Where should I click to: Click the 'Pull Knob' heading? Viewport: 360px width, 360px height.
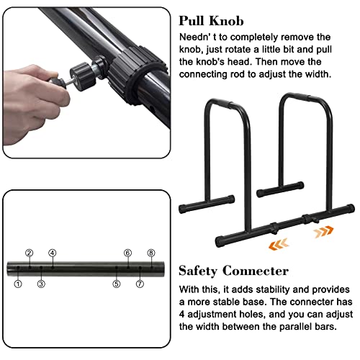coord(211,21)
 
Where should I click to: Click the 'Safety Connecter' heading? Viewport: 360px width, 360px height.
coord(233,271)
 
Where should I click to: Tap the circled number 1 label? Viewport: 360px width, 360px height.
coord(18,284)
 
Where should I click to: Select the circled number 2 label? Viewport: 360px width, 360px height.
coord(30,253)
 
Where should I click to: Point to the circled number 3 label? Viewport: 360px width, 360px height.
coord(41,284)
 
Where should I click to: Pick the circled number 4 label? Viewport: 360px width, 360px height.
coord(53,253)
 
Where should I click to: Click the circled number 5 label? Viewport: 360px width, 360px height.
coord(117,284)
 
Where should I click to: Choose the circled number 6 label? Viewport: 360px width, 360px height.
coord(127,253)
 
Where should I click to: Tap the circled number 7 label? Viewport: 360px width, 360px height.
coord(140,284)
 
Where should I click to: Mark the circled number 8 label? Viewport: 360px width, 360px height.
coord(151,253)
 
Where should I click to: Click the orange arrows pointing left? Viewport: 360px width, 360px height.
coord(279,244)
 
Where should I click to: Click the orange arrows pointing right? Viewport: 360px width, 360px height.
coord(324,232)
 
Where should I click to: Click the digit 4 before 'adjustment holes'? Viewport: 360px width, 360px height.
coord(182,315)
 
